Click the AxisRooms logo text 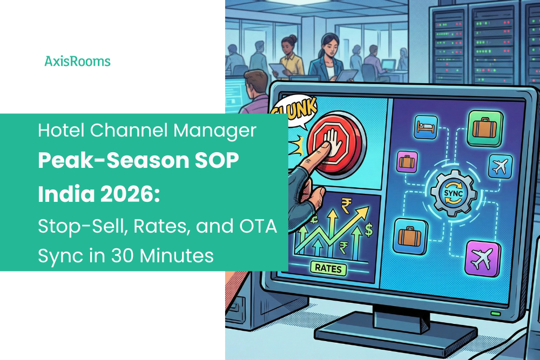77,62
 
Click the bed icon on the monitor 424,128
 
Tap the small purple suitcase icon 406,162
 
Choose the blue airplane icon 499,166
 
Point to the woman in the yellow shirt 289,57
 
